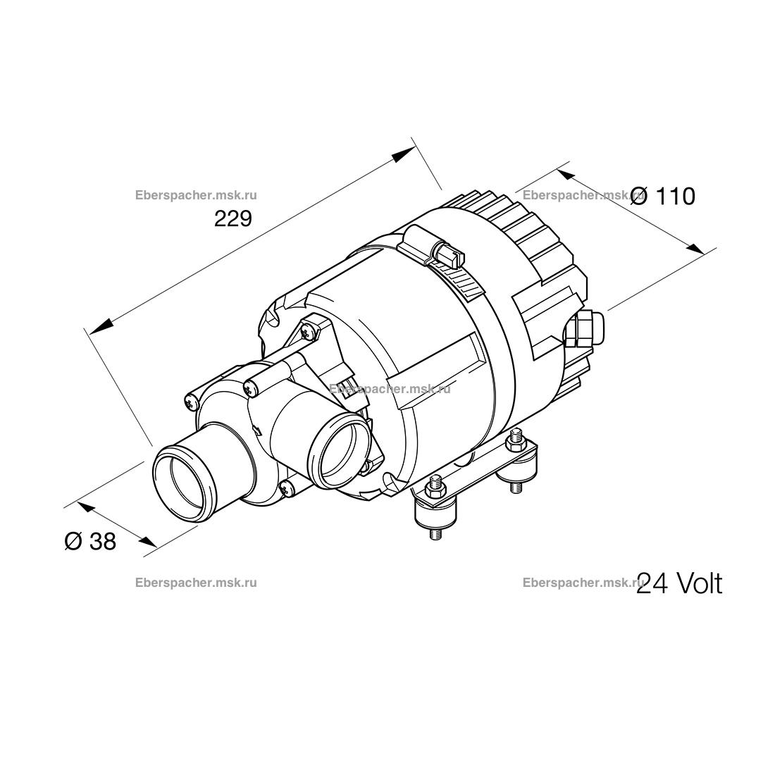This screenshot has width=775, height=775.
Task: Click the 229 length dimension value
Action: pyautogui.click(x=232, y=218)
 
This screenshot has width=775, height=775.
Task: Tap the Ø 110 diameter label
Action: pyautogui.click(x=663, y=197)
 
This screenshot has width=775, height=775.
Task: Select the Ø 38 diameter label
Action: pyautogui.click(x=90, y=541)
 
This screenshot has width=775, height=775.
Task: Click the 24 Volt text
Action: pyautogui.click(x=679, y=583)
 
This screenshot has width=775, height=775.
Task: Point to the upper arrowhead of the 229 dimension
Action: pyautogui.click(x=403, y=154)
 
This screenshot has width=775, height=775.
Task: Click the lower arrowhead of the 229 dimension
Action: pyautogui.click(x=98, y=325)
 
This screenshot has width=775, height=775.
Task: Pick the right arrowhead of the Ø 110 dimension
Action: pyautogui.click(x=695, y=248)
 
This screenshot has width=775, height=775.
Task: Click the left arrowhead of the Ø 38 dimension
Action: pyautogui.click(x=87, y=507)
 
